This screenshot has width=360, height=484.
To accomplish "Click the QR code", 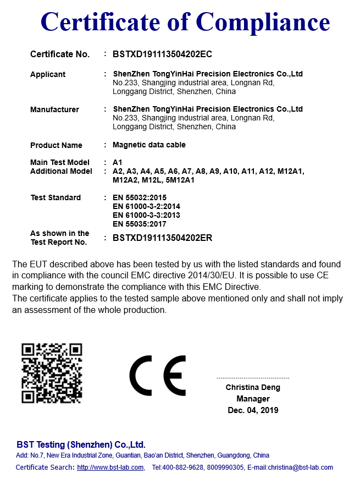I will tap(52, 373).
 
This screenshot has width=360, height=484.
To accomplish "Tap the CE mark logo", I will tap(158, 375).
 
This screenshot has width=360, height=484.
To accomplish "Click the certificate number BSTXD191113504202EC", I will tap(162, 54).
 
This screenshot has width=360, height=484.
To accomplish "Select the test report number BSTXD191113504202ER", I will tap(162, 238).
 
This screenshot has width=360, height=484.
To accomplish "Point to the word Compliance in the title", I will tap(263, 22).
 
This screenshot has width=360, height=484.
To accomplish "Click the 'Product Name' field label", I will tap(56, 145).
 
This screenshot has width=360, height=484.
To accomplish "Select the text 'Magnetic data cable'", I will tap(149, 145).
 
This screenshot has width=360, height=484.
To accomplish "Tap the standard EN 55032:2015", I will tap(139, 197).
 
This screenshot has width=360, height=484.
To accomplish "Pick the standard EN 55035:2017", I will tap(139, 224).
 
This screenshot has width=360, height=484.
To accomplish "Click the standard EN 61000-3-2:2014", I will tap(146, 206).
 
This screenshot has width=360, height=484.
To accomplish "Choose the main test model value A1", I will tap(117, 162).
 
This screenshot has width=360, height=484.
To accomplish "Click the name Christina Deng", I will tap(253, 388).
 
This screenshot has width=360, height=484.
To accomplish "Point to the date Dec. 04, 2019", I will tap(253, 410).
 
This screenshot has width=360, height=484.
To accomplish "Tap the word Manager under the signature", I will tap(253, 399).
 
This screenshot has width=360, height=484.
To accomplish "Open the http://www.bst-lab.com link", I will tap(110, 468).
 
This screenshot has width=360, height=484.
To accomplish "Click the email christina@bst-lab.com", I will tap(300, 468).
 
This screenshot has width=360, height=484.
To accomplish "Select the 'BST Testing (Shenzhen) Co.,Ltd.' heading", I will tap(81, 444).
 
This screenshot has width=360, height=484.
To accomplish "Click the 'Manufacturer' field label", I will tap(54, 109).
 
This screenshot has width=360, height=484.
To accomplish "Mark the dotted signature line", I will tap(253, 378).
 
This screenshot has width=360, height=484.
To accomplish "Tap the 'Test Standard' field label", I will tap(56, 197).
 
